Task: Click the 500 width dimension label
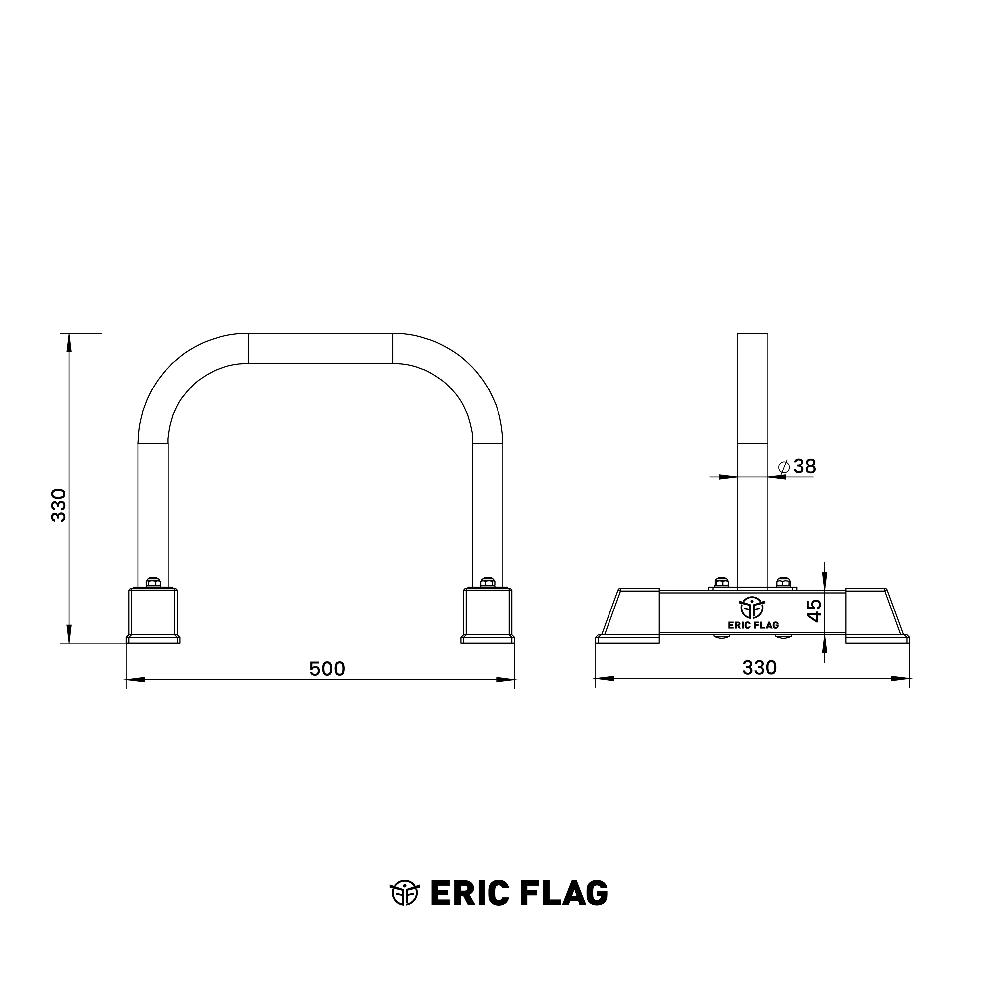coord(327,669)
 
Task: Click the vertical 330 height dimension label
coord(59,505)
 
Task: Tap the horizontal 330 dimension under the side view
coord(759,668)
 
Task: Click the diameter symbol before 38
coord(783,467)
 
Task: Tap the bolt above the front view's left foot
coord(153,582)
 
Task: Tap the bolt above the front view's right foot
coord(488,582)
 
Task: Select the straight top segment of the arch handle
coord(320,348)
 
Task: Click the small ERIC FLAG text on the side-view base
coord(753,625)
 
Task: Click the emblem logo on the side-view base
coord(752,608)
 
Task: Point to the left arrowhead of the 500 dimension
coord(135,680)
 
